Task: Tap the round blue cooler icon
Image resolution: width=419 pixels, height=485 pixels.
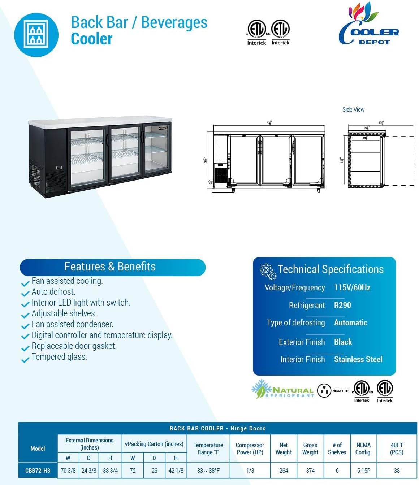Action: (x=36, y=35)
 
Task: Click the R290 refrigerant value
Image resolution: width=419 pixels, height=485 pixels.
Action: (x=342, y=305)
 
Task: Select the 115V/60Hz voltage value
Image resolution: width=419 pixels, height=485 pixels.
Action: (x=352, y=287)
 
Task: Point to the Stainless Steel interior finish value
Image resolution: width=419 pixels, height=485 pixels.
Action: (x=358, y=359)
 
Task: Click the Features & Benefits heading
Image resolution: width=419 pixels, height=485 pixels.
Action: (x=110, y=267)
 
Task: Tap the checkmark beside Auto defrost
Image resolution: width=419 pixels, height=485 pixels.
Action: (x=25, y=293)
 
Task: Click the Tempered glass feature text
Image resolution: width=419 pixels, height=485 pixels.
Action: (x=59, y=357)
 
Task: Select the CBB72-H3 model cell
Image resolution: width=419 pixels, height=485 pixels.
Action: (x=38, y=471)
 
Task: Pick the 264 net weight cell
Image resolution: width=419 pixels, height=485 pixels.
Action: (x=284, y=471)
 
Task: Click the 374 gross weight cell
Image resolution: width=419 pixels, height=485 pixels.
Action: (x=310, y=471)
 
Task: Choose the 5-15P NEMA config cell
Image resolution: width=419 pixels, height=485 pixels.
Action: (x=363, y=471)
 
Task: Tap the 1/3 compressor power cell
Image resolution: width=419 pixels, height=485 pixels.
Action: (x=250, y=471)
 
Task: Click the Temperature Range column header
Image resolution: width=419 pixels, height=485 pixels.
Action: (x=208, y=449)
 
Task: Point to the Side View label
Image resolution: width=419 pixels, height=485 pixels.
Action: (x=353, y=109)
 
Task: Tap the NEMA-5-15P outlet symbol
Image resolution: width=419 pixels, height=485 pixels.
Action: (x=324, y=390)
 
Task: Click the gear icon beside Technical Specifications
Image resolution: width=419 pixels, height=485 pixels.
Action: (x=268, y=271)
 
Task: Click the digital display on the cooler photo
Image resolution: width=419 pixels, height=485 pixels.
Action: (x=59, y=168)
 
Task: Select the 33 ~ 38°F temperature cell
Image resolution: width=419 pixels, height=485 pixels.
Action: (x=208, y=471)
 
